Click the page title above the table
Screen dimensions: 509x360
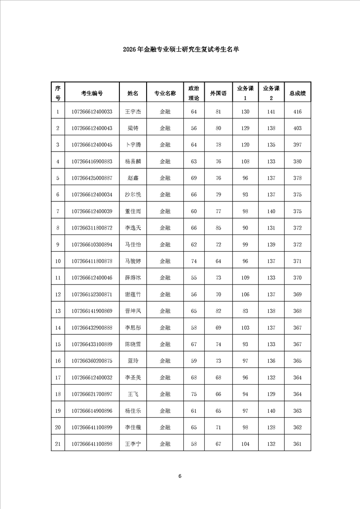point(180,50)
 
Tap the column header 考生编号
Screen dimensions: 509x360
point(92,93)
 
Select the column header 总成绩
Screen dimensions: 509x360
point(297,93)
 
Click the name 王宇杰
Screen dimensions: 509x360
point(133,112)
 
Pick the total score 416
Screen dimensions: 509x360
point(297,112)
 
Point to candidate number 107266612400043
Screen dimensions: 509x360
point(92,128)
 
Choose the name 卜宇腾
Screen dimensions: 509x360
point(133,145)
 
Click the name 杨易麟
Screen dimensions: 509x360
point(133,162)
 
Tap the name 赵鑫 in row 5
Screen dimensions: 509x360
point(133,178)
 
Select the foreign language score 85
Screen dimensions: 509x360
point(218,228)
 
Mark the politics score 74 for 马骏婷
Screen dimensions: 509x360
point(194,261)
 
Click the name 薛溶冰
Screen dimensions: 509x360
point(133,277)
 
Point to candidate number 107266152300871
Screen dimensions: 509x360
point(92,294)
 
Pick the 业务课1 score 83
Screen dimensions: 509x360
point(245,311)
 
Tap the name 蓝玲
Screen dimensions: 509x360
point(133,361)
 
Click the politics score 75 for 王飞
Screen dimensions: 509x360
point(194,394)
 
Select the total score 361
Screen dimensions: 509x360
point(297,444)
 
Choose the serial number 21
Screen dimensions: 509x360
point(58,444)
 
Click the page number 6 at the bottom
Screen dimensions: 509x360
point(180,476)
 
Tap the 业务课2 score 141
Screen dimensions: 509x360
point(271,112)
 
